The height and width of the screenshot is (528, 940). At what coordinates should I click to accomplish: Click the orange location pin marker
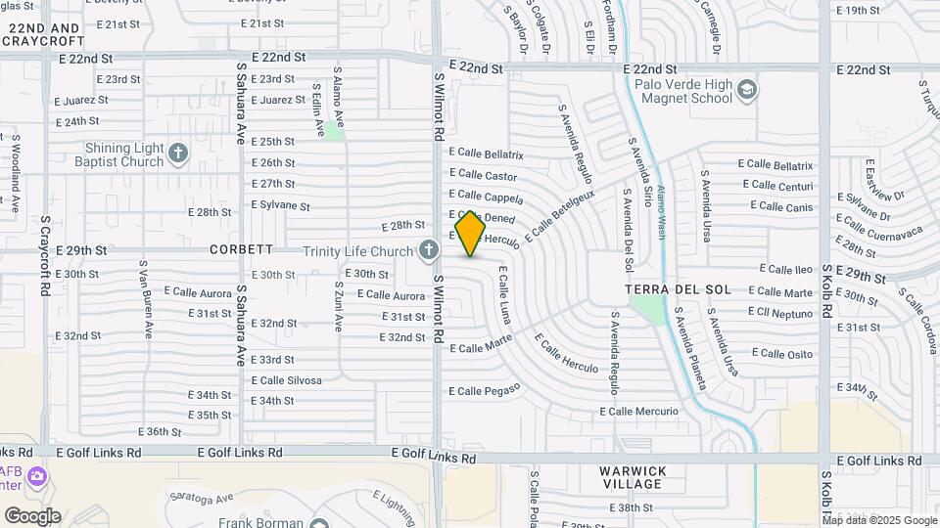[470, 233]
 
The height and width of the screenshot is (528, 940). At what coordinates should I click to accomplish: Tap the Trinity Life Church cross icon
[427, 251]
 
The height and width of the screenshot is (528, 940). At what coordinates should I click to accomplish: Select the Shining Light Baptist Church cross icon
[177, 153]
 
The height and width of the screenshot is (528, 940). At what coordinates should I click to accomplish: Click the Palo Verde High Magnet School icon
[747, 90]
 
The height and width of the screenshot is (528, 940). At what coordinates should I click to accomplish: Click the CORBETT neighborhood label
[241, 249]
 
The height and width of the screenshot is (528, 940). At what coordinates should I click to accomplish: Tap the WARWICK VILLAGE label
[633, 477]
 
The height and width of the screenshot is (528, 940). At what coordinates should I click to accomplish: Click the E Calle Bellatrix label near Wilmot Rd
[487, 154]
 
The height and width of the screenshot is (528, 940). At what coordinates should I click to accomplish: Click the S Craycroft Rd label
[45, 257]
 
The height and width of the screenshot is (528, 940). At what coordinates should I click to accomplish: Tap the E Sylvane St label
[280, 206]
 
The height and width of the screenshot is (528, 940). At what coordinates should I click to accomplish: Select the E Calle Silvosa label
[286, 380]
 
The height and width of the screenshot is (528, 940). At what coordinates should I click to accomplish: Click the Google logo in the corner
[32, 516]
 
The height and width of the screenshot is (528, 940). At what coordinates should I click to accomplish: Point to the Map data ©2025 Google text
[878, 520]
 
